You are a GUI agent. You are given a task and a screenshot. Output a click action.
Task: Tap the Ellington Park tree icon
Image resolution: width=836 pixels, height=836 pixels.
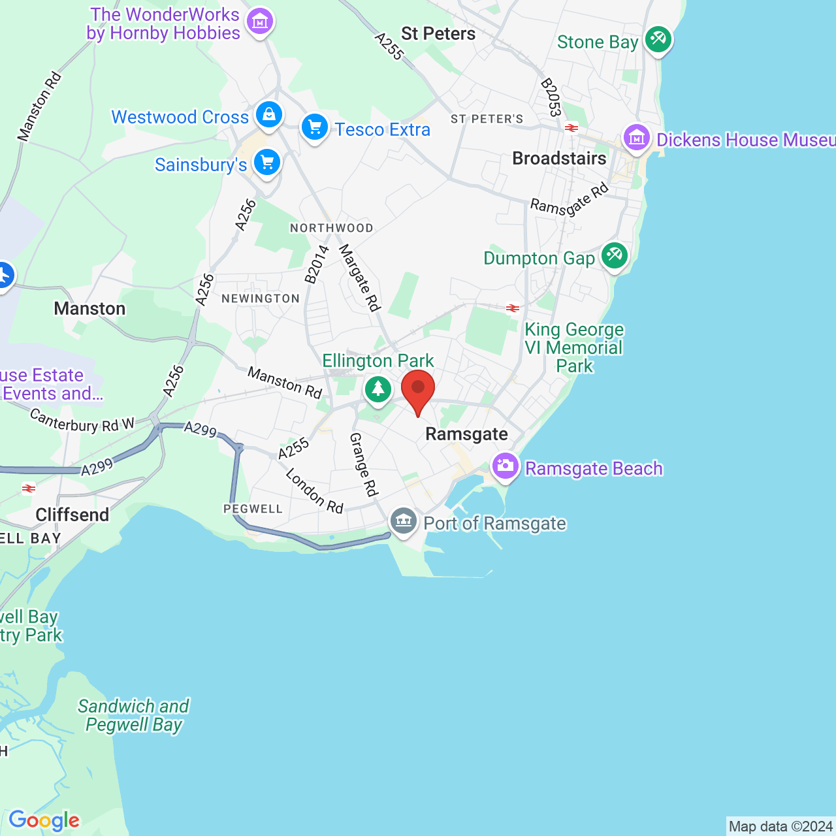[x=378, y=389]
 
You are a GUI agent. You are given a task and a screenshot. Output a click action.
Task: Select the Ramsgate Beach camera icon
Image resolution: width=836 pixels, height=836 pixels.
[x=506, y=466]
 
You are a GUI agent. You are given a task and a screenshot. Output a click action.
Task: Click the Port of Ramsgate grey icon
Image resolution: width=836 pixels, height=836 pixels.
[x=404, y=521]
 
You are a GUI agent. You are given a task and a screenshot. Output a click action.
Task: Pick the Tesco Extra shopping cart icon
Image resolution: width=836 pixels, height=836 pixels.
[x=315, y=127]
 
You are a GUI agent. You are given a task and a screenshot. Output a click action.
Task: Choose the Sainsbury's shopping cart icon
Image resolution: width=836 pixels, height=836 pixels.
[x=267, y=163]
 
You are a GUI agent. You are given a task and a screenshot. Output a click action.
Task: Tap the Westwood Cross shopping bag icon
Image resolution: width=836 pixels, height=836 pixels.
[x=268, y=115]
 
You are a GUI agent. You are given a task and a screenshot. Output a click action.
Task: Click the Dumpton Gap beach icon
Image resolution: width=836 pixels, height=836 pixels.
[x=614, y=256]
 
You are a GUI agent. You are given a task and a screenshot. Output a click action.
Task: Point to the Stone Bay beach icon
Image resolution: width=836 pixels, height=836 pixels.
[x=658, y=39]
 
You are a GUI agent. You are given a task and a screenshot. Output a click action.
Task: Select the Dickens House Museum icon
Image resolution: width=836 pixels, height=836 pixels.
[x=636, y=138]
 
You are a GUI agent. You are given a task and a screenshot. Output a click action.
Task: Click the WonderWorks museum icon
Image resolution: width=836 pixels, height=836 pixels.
[x=260, y=22]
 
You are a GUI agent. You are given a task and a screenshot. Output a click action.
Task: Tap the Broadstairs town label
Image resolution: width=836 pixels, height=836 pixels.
[x=559, y=159]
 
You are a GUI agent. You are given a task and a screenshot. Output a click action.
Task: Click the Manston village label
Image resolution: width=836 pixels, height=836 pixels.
[x=89, y=308]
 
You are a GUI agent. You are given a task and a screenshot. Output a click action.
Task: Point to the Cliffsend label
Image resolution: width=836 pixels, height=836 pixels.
[x=72, y=515]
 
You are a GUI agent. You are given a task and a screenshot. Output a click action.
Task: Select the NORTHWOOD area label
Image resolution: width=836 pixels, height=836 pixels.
[x=332, y=228]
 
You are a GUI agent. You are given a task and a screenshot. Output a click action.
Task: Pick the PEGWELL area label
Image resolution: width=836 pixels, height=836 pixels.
[x=253, y=509]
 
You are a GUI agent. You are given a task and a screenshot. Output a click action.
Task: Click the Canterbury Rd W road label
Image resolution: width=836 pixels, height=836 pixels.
[x=82, y=421]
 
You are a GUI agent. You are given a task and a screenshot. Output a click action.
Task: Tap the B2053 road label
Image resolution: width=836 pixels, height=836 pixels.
[x=551, y=97]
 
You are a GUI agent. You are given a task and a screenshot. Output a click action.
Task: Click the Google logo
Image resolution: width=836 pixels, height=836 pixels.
[x=44, y=820]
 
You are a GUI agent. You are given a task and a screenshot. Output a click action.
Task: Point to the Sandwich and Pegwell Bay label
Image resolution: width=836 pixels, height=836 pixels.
[x=134, y=715]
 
